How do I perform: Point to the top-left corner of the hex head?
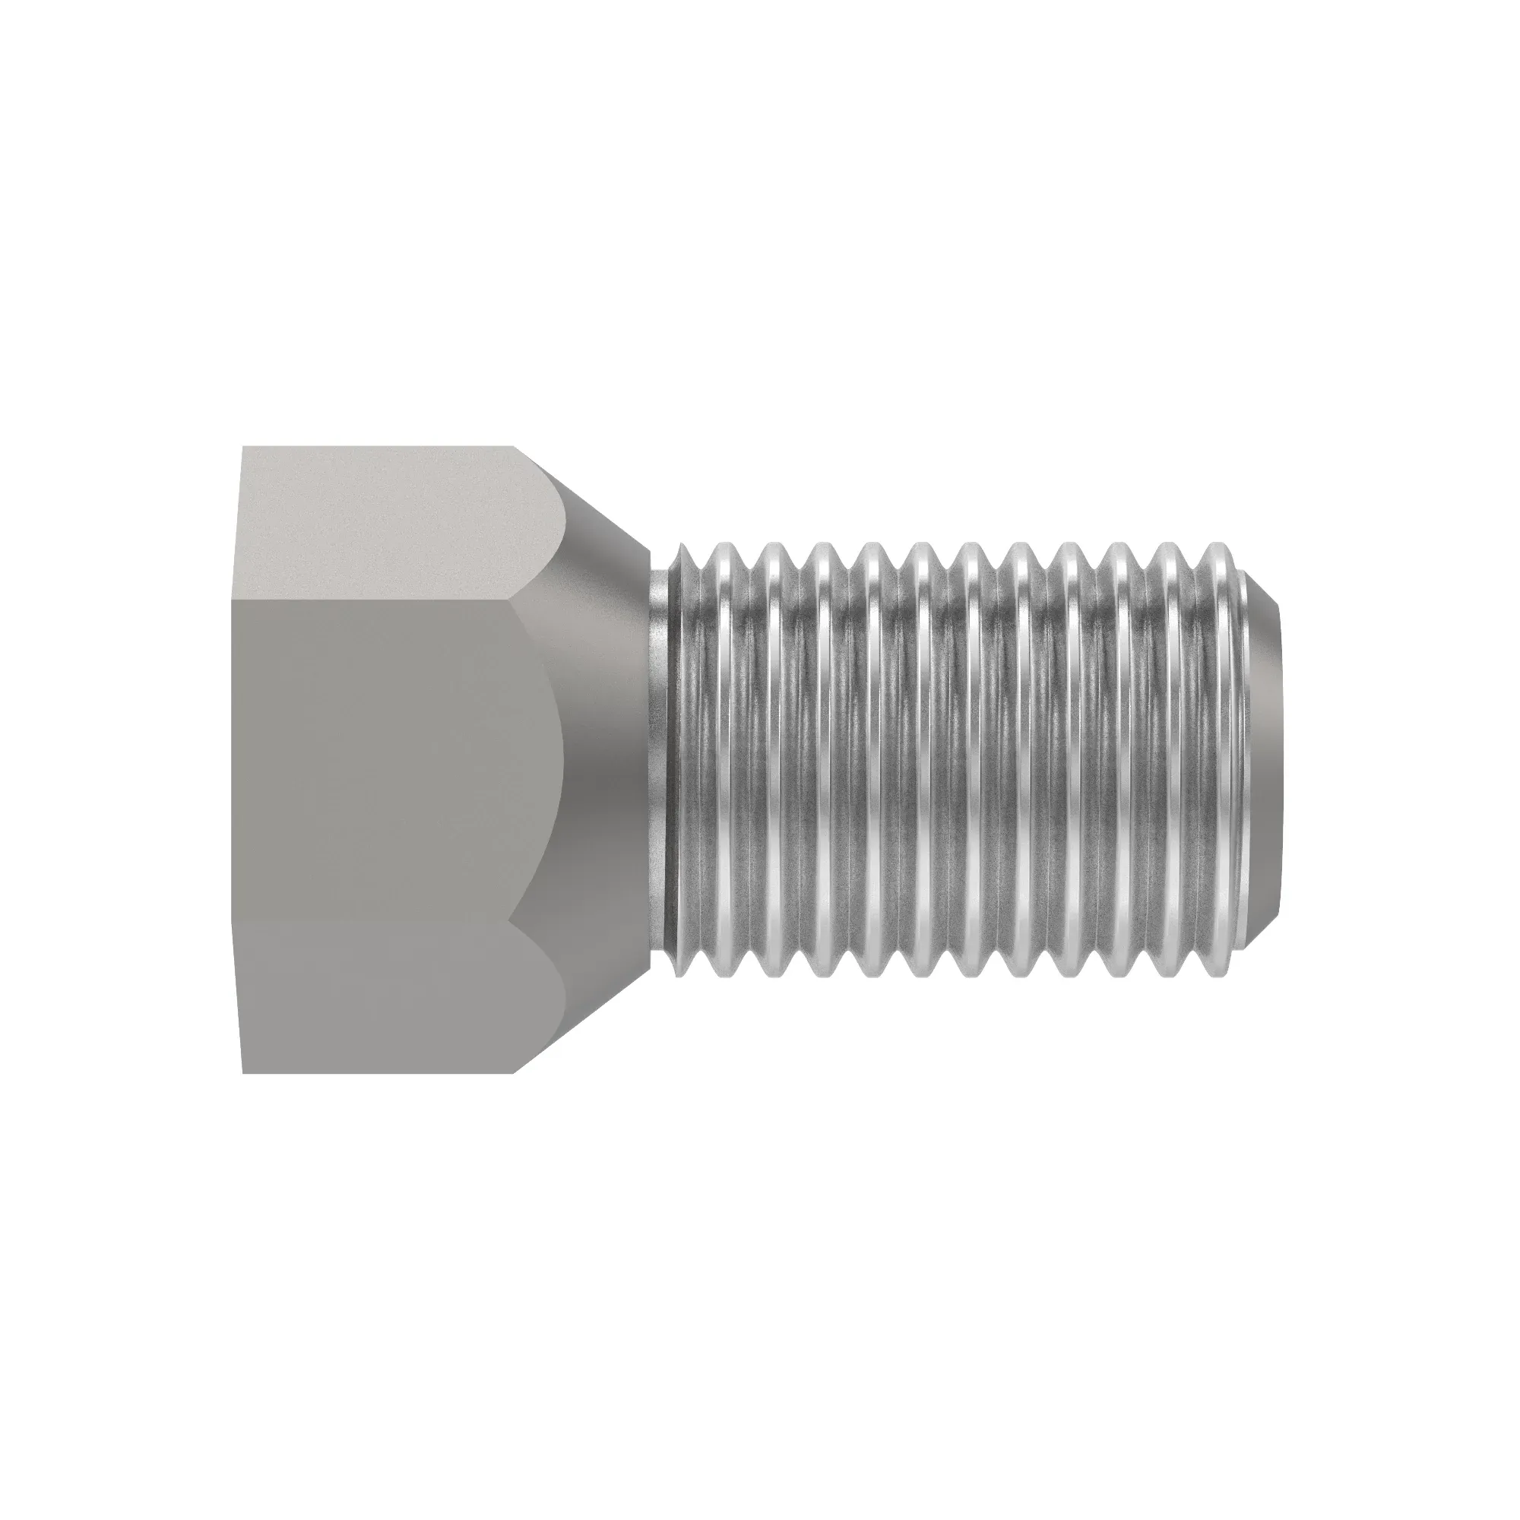(243, 447)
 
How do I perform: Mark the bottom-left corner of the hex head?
(243, 1073)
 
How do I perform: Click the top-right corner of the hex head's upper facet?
(515, 447)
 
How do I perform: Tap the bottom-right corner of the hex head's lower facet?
(515, 1073)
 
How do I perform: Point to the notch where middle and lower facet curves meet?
(511, 918)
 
